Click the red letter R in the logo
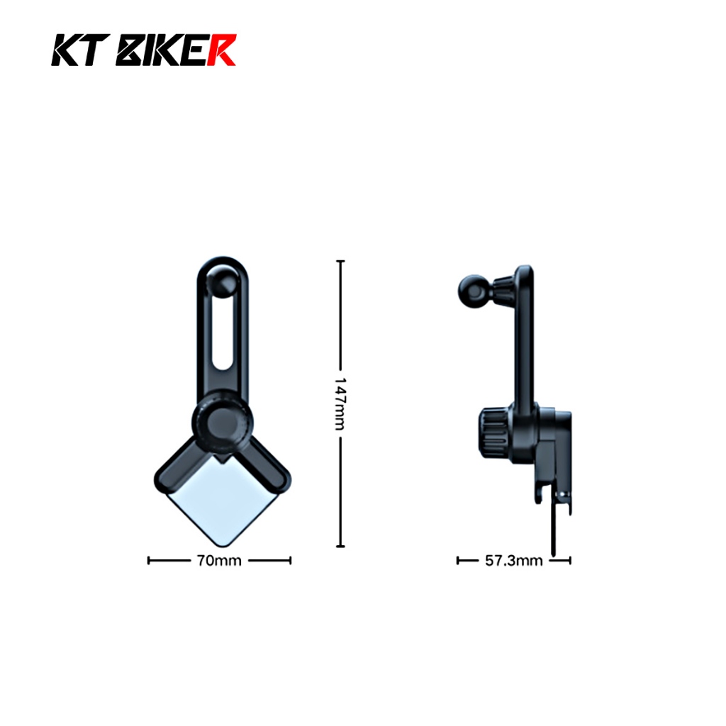[x=221, y=50]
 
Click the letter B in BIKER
[x=129, y=50]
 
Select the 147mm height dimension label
[x=340, y=403]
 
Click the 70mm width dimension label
[x=219, y=561]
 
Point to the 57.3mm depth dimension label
[x=513, y=561]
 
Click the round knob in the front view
[x=223, y=422]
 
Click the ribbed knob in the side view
[x=494, y=432]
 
